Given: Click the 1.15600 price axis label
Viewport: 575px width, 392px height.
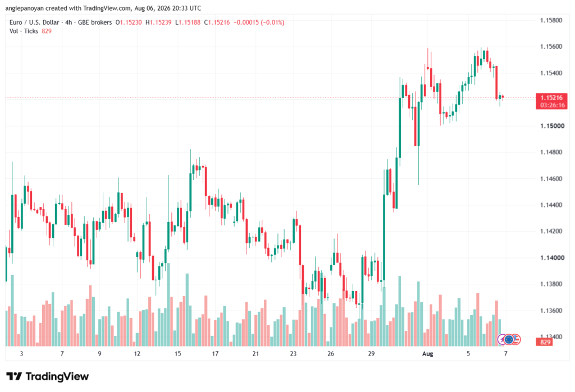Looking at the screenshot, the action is coord(551,47).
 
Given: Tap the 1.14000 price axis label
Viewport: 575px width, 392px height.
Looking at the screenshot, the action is coord(551,257).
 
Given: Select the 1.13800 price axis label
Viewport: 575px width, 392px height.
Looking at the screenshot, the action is coord(551,284).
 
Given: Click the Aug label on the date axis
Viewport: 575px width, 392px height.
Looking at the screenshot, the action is coord(427,353).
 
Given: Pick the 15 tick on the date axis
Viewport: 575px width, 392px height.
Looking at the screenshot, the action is coord(178,353).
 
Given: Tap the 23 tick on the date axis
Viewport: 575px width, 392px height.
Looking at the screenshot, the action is coord(293,353).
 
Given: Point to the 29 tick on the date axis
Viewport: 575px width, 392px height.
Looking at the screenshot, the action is coord(372,353).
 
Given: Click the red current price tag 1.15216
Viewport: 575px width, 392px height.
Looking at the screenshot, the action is coord(551,98).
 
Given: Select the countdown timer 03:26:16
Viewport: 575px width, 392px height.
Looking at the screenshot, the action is coord(551,105).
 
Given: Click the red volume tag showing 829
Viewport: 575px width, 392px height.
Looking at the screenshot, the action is coord(545,342).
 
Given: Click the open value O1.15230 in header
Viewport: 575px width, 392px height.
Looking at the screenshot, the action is coord(129,22).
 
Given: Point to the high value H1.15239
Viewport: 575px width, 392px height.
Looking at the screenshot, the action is coord(158,22).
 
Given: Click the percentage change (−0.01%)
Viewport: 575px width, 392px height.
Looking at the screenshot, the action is coord(272,22).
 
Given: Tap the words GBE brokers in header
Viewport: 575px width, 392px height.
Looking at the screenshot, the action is coord(95,22).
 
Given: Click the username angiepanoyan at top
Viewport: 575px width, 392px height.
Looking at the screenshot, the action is coord(25,8).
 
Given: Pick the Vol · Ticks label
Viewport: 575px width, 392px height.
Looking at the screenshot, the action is coord(24,31).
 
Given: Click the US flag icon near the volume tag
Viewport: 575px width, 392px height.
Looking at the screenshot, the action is coord(516,340).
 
